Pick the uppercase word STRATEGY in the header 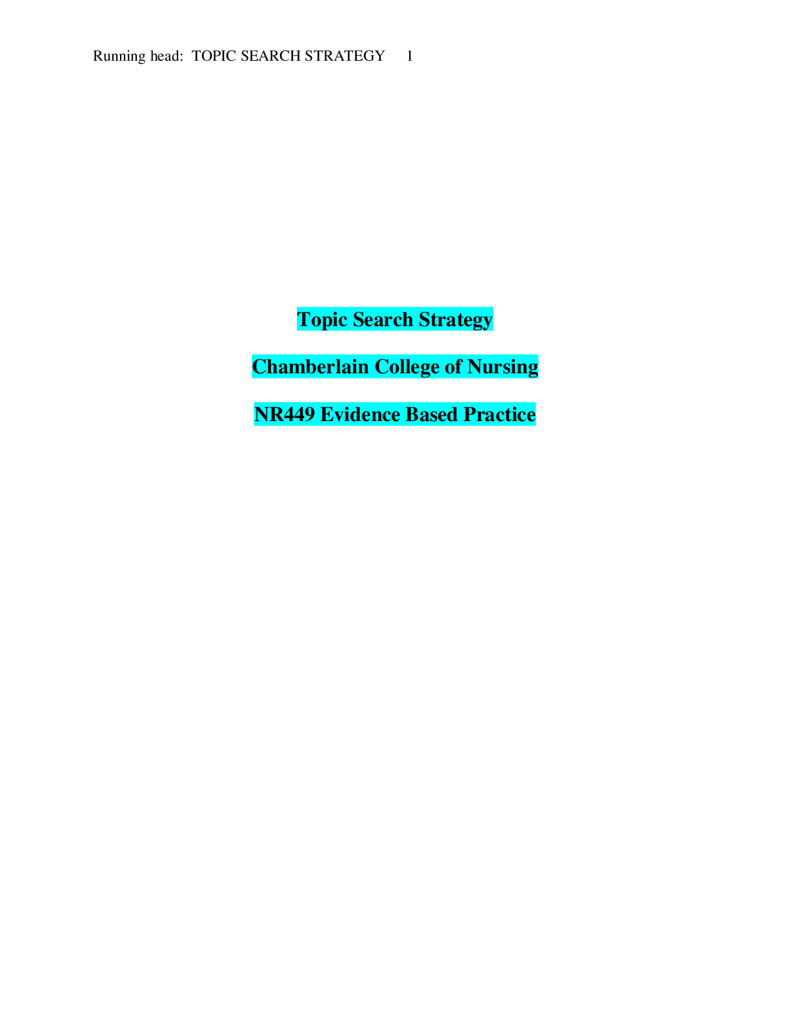345,56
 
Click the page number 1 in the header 409,56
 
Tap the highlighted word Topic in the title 322,320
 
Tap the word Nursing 503,367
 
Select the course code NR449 285,415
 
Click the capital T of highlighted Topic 304,320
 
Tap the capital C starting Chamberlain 258,367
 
